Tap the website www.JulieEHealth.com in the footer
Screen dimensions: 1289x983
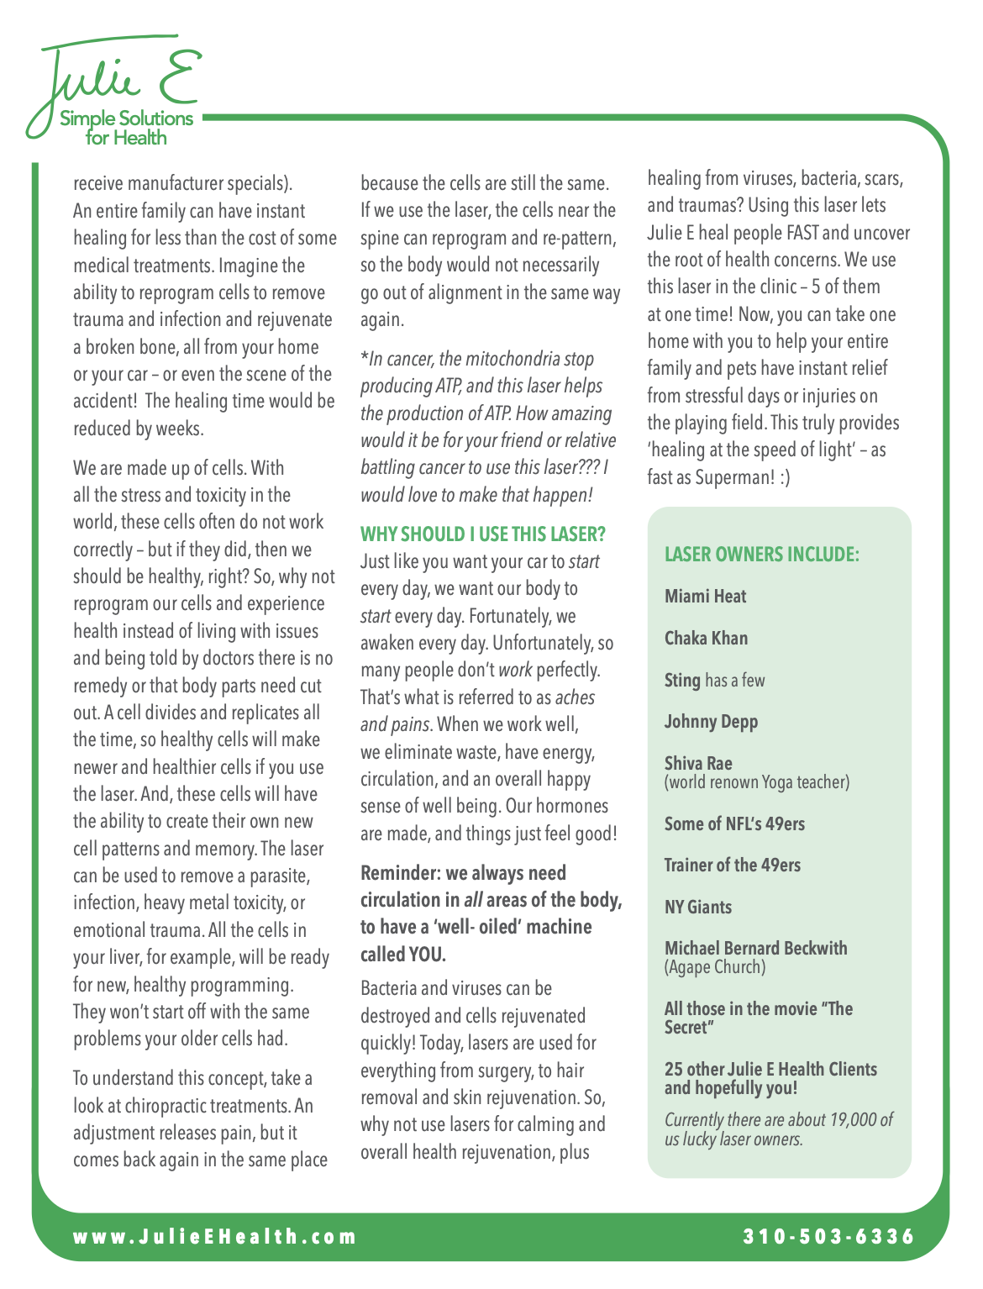coord(215,1237)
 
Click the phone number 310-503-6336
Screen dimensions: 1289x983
coord(828,1237)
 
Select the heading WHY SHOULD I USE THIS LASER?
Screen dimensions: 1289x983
coord(482,534)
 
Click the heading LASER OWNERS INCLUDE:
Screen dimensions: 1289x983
coord(761,555)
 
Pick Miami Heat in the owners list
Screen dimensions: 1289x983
coord(705,597)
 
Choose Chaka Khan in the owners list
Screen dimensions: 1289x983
coord(706,639)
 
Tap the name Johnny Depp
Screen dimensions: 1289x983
coord(711,722)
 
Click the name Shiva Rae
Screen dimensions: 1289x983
coord(698,763)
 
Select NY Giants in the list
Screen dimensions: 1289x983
coord(698,907)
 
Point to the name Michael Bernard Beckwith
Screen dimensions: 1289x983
coord(755,948)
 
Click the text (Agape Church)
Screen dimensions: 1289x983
coord(715,967)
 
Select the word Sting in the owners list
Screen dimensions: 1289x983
coord(682,680)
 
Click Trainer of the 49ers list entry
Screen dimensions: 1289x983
coord(732,865)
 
